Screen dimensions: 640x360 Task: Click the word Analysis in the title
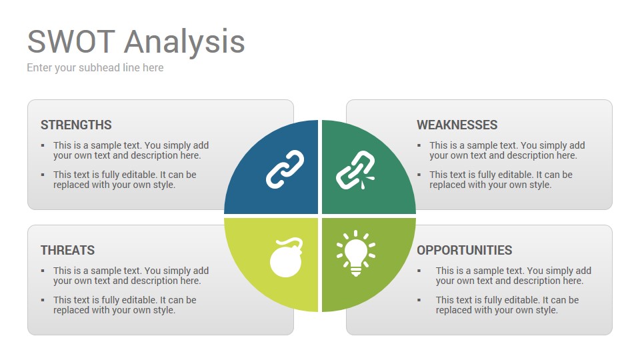click(185, 43)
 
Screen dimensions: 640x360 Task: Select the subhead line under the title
click(95, 68)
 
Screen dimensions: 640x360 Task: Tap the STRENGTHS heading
click(76, 125)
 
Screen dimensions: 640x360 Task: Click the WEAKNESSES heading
click(457, 125)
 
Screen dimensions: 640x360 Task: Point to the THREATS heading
click(68, 250)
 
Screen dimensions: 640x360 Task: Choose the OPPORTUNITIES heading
click(465, 250)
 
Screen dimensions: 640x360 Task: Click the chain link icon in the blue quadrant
click(285, 169)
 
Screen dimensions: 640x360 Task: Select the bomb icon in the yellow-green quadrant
click(286, 257)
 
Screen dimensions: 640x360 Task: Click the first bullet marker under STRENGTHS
click(43, 145)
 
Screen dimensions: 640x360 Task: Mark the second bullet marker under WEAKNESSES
click(419, 175)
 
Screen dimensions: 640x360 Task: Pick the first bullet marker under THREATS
click(43, 271)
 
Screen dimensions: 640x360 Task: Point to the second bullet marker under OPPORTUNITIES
click(419, 300)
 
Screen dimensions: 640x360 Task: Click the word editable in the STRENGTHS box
click(139, 175)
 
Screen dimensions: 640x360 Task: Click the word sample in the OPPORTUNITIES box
click(492, 271)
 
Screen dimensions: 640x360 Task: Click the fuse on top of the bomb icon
click(295, 243)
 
